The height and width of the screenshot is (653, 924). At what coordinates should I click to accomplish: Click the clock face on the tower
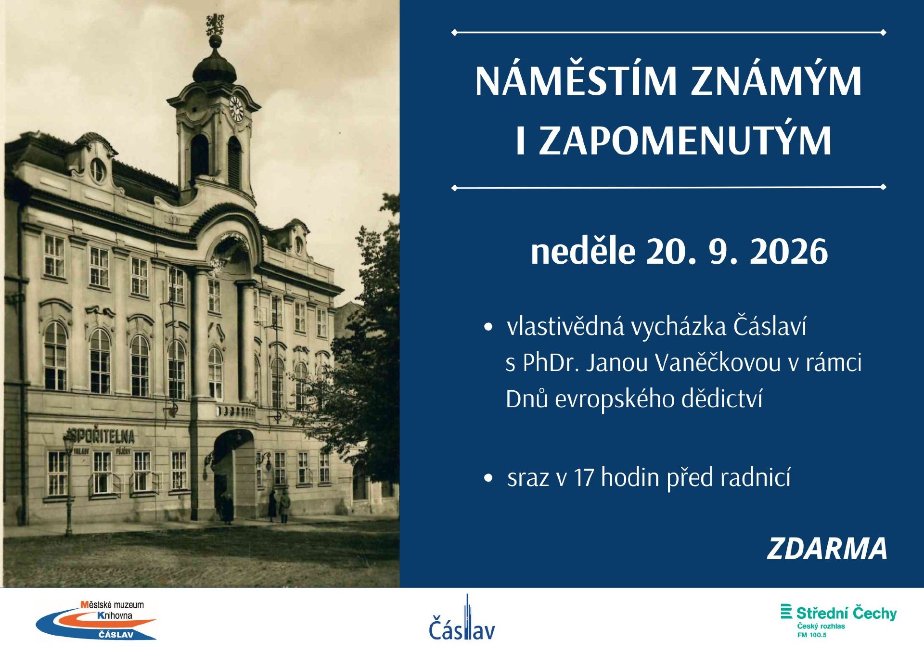pyautogui.click(x=236, y=108)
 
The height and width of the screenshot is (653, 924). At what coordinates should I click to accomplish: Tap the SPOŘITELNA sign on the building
pyautogui.click(x=101, y=435)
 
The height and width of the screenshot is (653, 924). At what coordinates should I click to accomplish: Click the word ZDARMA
pyautogui.click(x=827, y=549)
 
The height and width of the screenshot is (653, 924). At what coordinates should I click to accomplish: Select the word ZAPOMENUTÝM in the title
pyautogui.click(x=685, y=141)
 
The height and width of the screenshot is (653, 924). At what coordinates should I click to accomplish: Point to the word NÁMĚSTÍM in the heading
pyautogui.click(x=576, y=81)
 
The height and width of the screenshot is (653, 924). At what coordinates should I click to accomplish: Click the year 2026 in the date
pyautogui.click(x=788, y=252)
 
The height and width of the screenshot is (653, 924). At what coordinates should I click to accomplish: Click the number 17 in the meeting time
pyautogui.click(x=583, y=478)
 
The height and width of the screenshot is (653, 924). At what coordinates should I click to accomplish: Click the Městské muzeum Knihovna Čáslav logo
pyautogui.click(x=96, y=620)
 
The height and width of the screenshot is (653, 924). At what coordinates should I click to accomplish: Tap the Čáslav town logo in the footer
pyautogui.click(x=462, y=618)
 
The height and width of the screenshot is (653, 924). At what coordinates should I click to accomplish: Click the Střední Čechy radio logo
pyautogui.click(x=838, y=620)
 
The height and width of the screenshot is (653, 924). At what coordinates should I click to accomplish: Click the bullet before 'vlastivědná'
pyautogui.click(x=488, y=327)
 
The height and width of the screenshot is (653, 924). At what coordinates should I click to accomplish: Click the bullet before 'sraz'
pyautogui.click(x=488, y=478)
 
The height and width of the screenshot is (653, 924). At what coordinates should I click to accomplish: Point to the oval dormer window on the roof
pyautogui.click(x=97, y=170)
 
